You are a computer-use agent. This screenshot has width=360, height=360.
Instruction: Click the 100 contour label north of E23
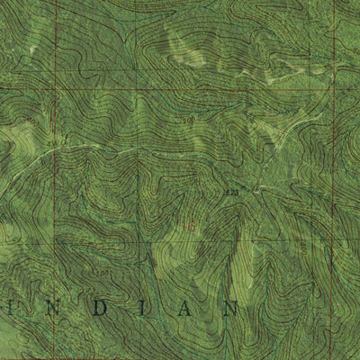click(x=188, y=120)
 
